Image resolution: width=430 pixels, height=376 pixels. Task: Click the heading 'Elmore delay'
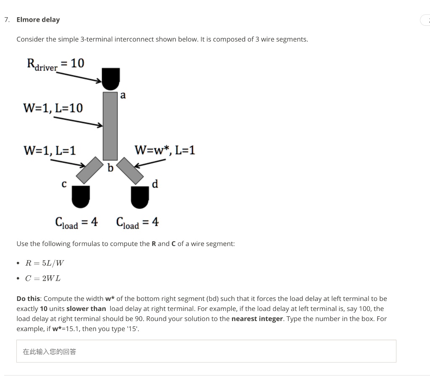tap(38, 20)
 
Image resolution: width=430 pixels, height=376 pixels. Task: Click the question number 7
tap(6, 20)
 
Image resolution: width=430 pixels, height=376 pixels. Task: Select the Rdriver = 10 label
tap(55, 64)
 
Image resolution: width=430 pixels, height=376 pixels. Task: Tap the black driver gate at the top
tap(110, 78)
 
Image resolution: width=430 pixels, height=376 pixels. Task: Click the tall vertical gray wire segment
tap(110, 125)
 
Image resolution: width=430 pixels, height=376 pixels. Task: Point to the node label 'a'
tap(123, 95)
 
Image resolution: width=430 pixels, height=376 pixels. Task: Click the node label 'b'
tap(110, 168)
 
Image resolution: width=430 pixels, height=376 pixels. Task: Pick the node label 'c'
tap(64, 184)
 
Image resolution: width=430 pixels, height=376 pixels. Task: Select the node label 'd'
tap(155, 184)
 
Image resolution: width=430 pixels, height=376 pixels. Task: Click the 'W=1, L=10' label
tap(53, 108)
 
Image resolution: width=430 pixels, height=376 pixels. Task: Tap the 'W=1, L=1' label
tap(50, 150)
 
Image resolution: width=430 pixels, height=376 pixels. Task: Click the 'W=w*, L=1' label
tap(165, 150)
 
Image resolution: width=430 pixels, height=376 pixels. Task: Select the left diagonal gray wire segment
tap(89, 170)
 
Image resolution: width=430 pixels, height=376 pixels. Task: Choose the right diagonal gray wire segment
tap(131, 170)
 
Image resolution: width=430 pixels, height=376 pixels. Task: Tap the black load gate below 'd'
tap(140, 197)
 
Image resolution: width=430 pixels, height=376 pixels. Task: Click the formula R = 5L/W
tap(45, 264)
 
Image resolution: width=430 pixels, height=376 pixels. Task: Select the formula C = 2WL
tap(43, 278)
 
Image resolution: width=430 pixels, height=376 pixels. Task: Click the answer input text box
tap(206, 351)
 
